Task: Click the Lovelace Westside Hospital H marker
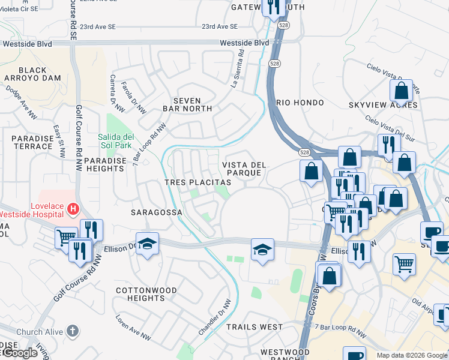pos(73,209)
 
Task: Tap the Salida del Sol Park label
pos(115,140)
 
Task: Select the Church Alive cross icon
pos(72,331)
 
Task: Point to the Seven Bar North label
pos(188,104)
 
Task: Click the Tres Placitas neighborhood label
pos(197,182)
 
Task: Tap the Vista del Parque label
pos(242,169)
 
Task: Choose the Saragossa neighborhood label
pos(152,212)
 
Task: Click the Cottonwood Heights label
pos(146,294)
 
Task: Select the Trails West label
pos(255,327)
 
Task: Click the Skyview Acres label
pos(383,105)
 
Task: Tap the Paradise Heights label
pos(104,164)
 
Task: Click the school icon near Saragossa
pos(147,244)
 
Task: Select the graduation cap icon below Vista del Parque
pos(262,249)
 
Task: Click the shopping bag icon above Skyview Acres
pos(401,91)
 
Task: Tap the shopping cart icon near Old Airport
pos(405,263)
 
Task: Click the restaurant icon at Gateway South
pos(274,8)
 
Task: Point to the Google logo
pos(19,353)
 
